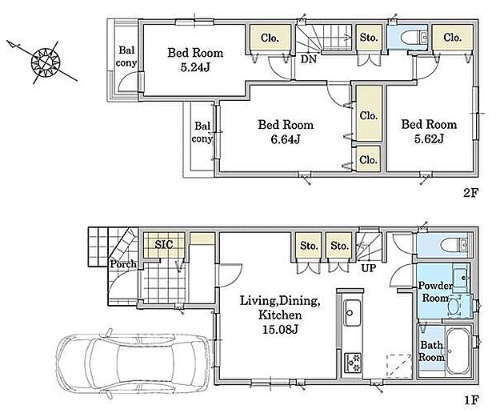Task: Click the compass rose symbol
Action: click(x=46, y=62)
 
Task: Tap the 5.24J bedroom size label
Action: click(x=195, y=68)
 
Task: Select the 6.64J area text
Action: click(x=286, y=139)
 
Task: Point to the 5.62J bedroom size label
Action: click(x=429, y=138)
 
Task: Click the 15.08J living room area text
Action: click(x=280, y=330)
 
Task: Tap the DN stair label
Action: click(x=309, y=59)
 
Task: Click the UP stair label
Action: click(x=369, y=268)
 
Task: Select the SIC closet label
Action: click(x=164, y=244)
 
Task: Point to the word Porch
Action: click(x=123, y=264)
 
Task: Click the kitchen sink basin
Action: click(x=352, y=313)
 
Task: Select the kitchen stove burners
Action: click(x=353, y=363)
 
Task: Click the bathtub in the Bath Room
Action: click(x=458, y=351)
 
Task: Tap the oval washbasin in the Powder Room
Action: click(x=454, y=307)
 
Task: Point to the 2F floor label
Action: click(x=471, y=192)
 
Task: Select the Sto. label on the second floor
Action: click(x=369, y=38)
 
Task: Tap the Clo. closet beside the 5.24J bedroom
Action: click(x=270, y=38)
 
